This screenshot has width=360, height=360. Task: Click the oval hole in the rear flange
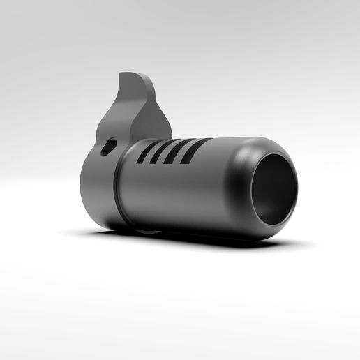pos(108,147)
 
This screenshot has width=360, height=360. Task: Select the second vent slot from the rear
pos(162,152)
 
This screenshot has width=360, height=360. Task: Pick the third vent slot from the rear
pos(178,151)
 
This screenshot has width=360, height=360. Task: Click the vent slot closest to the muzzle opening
pos(195,151)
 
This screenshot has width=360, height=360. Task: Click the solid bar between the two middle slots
pos(170,152)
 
